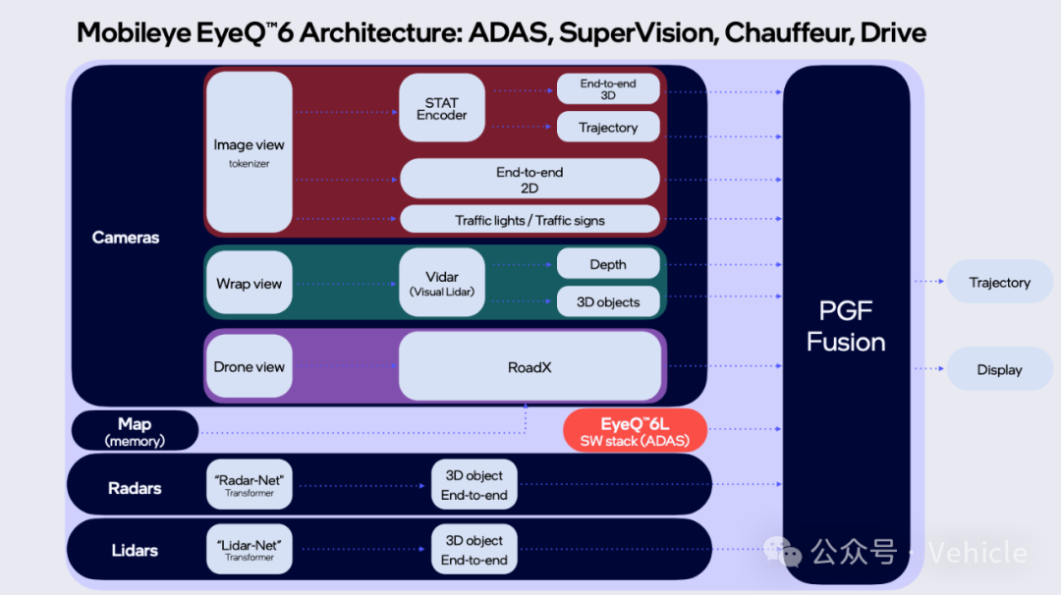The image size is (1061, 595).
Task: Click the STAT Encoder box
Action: point(442,108)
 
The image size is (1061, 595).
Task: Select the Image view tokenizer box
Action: point(249,152)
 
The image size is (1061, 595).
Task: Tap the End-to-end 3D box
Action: point(608,89)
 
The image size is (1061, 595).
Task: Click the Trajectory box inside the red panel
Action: point(608,127)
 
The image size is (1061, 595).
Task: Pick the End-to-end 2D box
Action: point(530,179)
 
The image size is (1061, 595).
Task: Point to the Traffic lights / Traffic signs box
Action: point(530,220)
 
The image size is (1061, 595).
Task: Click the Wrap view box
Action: point(249,283)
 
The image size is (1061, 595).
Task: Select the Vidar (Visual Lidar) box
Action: point(442,283)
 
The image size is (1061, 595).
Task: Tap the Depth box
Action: point(608,264)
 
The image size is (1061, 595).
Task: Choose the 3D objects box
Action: point(608,301)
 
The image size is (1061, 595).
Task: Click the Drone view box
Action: point(249,366)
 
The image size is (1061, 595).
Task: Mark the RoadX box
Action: point(530,366)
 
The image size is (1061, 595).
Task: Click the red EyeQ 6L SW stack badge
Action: point(635,431)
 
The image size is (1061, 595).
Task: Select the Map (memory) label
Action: point(135,431)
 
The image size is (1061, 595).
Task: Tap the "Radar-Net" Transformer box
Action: point(249,485)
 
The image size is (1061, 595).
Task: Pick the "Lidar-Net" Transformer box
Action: point(249,549)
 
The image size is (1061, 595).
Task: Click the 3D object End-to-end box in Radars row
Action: point(475,485)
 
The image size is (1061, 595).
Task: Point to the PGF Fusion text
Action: point(846,326)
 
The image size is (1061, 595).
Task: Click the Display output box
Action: point(999,369)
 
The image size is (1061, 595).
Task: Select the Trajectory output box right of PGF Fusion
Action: point(999,282)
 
